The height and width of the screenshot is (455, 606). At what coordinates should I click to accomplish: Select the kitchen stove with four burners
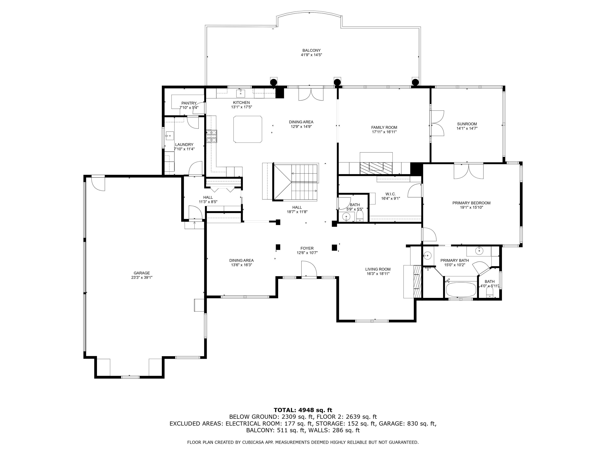(x=211, y=136)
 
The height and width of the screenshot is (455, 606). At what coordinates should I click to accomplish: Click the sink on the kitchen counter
(x=241, y=93)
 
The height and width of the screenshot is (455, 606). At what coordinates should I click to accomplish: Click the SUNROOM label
(x=467, y=124)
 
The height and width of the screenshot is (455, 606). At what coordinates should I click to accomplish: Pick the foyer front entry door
(x=309, y=269)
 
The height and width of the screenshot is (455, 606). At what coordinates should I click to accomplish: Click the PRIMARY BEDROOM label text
(x=471, y=203)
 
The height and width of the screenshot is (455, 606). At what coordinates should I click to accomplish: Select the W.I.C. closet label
(x=390, y=194)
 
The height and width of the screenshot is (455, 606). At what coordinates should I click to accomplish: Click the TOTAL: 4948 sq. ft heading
(x=303, y=410)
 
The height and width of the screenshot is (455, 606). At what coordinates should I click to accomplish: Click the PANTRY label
(x=189, y=103)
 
